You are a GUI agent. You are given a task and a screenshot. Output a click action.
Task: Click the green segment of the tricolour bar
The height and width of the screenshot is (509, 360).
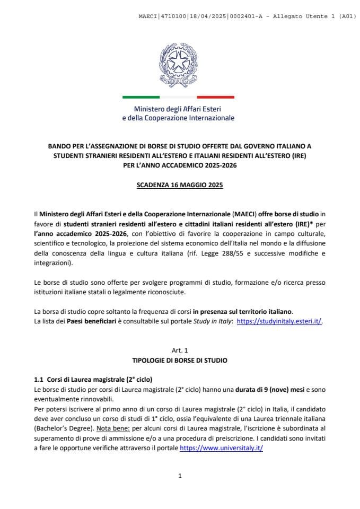coord(141,97)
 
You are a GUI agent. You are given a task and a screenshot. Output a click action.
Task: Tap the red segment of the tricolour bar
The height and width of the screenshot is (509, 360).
coord(215,97)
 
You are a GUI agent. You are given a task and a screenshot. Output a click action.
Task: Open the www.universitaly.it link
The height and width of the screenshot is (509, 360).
coord(222,448)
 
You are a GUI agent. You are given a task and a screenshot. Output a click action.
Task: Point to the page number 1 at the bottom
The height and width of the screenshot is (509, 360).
coord(180,476)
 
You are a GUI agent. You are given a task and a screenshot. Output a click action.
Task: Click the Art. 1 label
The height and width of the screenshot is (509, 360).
coord(180,350)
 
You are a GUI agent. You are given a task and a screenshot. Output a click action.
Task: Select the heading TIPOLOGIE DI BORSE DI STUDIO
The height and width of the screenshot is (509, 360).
coord(180,360)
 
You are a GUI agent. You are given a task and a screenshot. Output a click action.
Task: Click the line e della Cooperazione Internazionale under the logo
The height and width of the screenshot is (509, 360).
coord(178,118)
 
